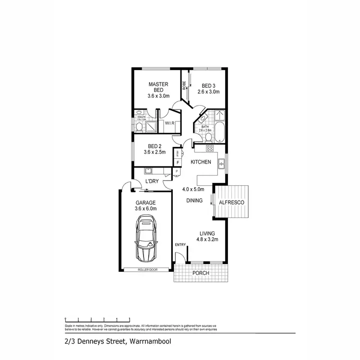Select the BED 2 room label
154,146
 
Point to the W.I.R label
169,123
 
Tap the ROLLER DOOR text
147,270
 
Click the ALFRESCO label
231,203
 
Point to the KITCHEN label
201,163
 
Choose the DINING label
195,201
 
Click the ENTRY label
180,245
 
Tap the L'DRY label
152,181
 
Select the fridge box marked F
177,163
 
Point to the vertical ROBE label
184,85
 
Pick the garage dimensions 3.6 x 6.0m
146,209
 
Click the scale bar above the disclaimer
97,318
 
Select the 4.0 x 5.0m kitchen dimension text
193,190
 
